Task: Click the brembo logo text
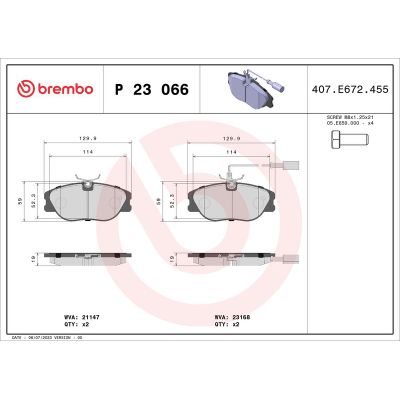57,88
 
